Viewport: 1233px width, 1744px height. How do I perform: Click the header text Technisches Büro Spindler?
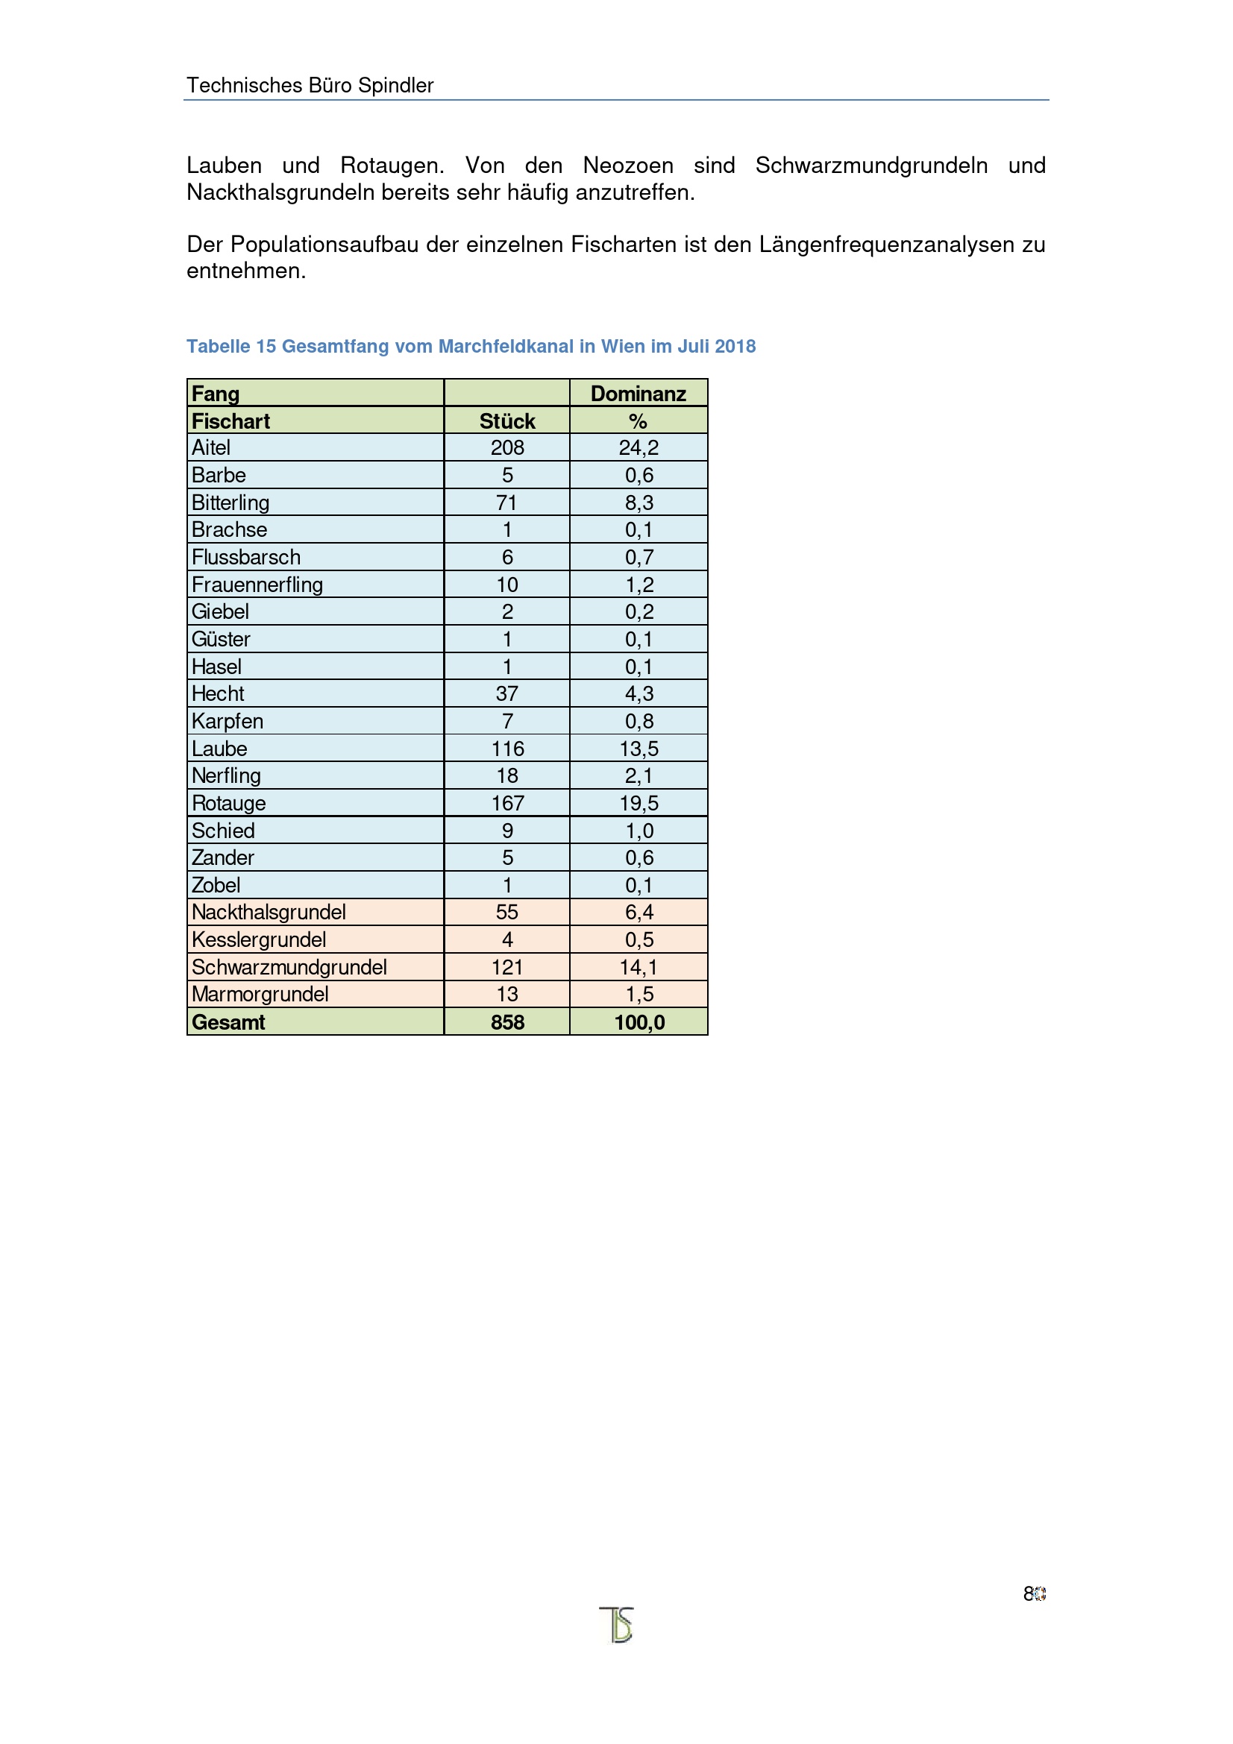tap(310, 85)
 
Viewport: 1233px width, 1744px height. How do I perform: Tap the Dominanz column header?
tap(639, 394)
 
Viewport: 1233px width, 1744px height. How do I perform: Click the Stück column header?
tap(506, 421)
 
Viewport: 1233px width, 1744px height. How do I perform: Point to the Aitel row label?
tap(210, 447)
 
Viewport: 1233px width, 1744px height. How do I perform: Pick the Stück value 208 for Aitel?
tap(506, 447)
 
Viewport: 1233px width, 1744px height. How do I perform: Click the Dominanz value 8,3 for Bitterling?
tap(639, 502)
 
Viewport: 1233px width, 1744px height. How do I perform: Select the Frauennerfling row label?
tap(257, 584)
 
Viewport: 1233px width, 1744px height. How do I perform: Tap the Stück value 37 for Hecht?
tap(506, 693)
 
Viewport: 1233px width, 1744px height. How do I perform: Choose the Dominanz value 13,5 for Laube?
tap(639, 748)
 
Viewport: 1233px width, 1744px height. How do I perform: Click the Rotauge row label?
tap(229, 803)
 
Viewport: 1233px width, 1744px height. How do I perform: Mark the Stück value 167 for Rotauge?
tap(507, 803)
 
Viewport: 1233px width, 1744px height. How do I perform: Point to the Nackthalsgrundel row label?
tap(269, 911)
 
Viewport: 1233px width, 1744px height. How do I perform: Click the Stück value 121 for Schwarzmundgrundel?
tap(506, 967)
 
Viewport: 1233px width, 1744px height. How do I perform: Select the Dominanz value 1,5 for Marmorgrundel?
tap(639, 993)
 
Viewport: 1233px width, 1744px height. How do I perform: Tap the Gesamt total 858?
tap(507, 1021)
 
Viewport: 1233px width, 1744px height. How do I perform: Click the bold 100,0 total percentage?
tap(639, 1021)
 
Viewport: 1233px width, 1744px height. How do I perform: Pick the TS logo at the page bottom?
tap(617, 1625)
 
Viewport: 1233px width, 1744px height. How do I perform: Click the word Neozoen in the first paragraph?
tap(627, 166)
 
